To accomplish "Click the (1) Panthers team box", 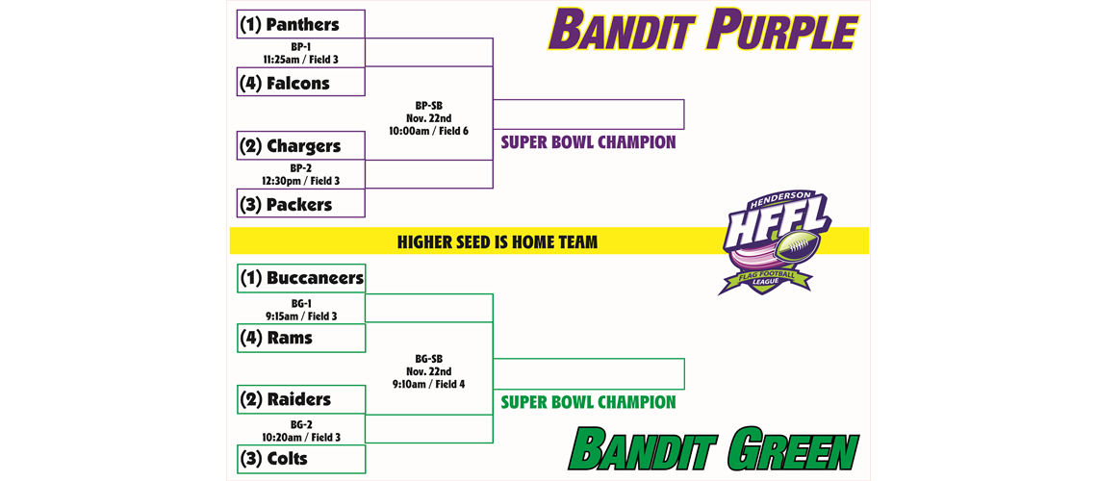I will pyautogui.click(x=301, y=24).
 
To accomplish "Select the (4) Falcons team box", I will pyautogui.click(x=301, y=83).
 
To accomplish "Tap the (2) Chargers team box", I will pyautogui.click(x=301, y=146).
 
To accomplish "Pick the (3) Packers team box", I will pyautogui.click(x=301, y=204).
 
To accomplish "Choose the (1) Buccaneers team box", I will pyautogui.click(x=301, y=278).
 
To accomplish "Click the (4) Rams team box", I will pyautogui.click(x=301, y=338).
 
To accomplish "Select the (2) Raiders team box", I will pyautogui.click(x=301, y=399).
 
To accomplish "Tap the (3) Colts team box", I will pyautogui.click(x=301, y=459).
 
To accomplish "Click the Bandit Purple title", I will pyautogui.click(x=702, y=31).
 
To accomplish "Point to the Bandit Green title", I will pyautogui.click(x=713, y=450).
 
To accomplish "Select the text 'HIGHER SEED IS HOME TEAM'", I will pyautogui.click(x=497, y=241).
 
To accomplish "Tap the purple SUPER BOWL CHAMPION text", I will pyautogui.click(x=588, y=142).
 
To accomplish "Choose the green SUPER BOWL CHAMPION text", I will pyautogui.click(x=588, y=402).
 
